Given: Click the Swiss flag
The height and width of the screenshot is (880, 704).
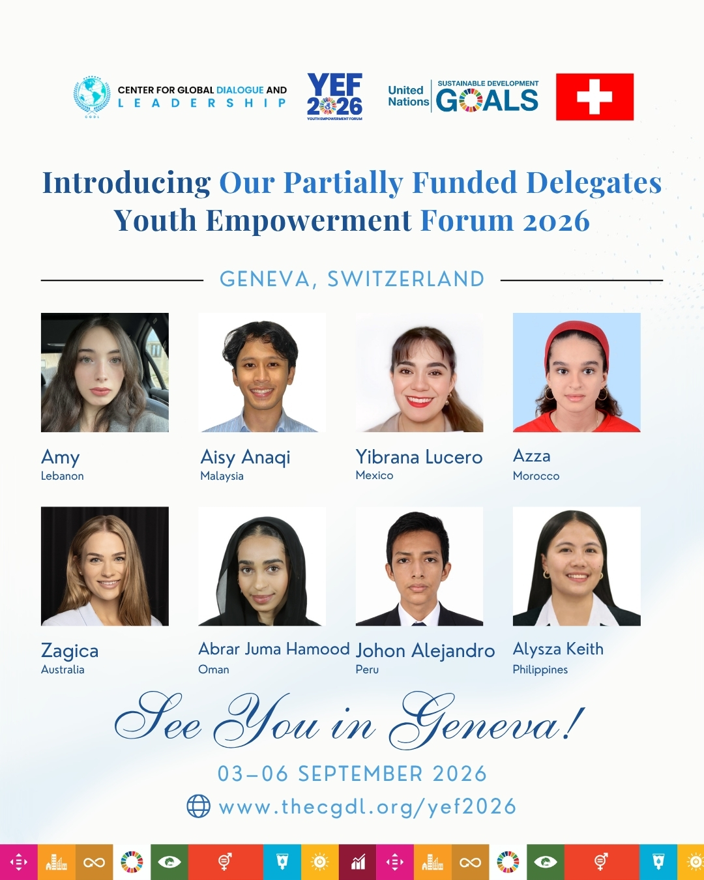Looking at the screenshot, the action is pos(594,97).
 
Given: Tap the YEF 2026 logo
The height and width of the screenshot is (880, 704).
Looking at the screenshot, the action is pos(334,97).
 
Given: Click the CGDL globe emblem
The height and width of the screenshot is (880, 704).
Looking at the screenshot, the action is pos(92,97).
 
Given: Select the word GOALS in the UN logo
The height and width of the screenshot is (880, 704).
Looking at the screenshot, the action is pos(487,100).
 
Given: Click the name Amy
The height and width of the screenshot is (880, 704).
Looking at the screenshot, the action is pos(60,458).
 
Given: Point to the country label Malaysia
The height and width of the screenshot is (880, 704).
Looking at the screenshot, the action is pos(222,476).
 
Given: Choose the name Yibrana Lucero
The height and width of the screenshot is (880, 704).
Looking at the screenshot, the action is pos(419,457).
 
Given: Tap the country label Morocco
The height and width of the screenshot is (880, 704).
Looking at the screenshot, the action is pos(536,476).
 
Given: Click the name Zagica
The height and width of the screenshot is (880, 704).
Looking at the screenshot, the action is pos(70,651).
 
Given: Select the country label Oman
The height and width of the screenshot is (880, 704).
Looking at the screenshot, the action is pos(214,669).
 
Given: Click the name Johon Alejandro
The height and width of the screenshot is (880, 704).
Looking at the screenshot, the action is pos(425,651).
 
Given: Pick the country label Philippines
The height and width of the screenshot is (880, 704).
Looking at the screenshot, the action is pos(540,670).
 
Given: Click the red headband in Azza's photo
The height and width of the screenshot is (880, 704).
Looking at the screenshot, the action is pos(576,332).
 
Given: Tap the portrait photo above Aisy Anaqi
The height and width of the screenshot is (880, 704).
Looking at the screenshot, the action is pos(262,372).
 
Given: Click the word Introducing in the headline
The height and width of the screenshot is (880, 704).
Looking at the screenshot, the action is pos(126,183).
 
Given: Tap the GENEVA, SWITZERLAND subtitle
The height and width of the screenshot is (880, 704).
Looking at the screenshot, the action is pos(352,279).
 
